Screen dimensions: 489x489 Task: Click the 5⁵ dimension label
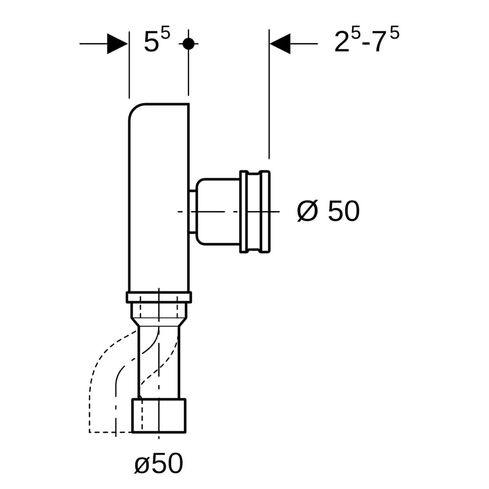(x=157, y=40)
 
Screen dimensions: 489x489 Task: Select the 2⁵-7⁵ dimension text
(x=367, y=39)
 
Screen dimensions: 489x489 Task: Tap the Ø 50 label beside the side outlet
(x=328, y=211)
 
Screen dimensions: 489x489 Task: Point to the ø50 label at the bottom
(x=158, y=464)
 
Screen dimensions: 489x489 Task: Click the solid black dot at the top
(x=188, y=43)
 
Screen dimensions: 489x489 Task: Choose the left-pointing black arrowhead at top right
(x=280, y=43)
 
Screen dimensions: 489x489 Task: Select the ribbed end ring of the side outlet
(x=255, y=211)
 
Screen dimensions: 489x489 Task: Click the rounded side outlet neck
(x=218, y=211)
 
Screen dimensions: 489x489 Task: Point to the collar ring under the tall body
(x=159, y=297)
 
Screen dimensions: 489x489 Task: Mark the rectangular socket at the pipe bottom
(x=159, y=415)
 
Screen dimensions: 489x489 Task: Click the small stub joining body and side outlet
(x=192, y=211)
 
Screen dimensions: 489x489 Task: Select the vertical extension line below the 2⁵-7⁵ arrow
(x=269, y=94)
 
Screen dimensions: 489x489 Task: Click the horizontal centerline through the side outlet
(x=229, y=211)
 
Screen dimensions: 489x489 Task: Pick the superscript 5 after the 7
(x=394, y=33)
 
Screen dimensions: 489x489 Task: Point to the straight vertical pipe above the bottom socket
(x=159, y=363)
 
